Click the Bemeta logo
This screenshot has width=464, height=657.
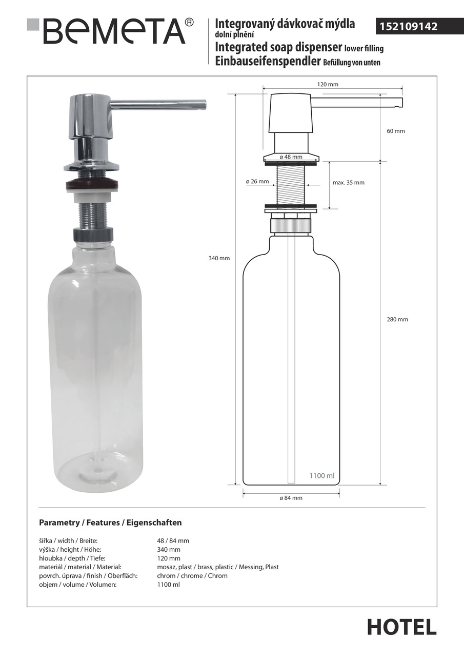coord(110,31)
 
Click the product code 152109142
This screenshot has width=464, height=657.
coord(408,27)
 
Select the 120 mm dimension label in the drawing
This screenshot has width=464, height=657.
coord(328,85)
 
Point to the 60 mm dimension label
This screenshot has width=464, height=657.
coord(396,131)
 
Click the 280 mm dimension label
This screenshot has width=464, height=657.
coord(397,319)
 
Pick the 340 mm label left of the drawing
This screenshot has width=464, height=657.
coord(219,258)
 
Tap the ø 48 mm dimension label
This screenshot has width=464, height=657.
coord(291,157)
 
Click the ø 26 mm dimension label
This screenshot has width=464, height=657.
coord(257,182)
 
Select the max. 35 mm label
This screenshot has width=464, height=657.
coord(349,182)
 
